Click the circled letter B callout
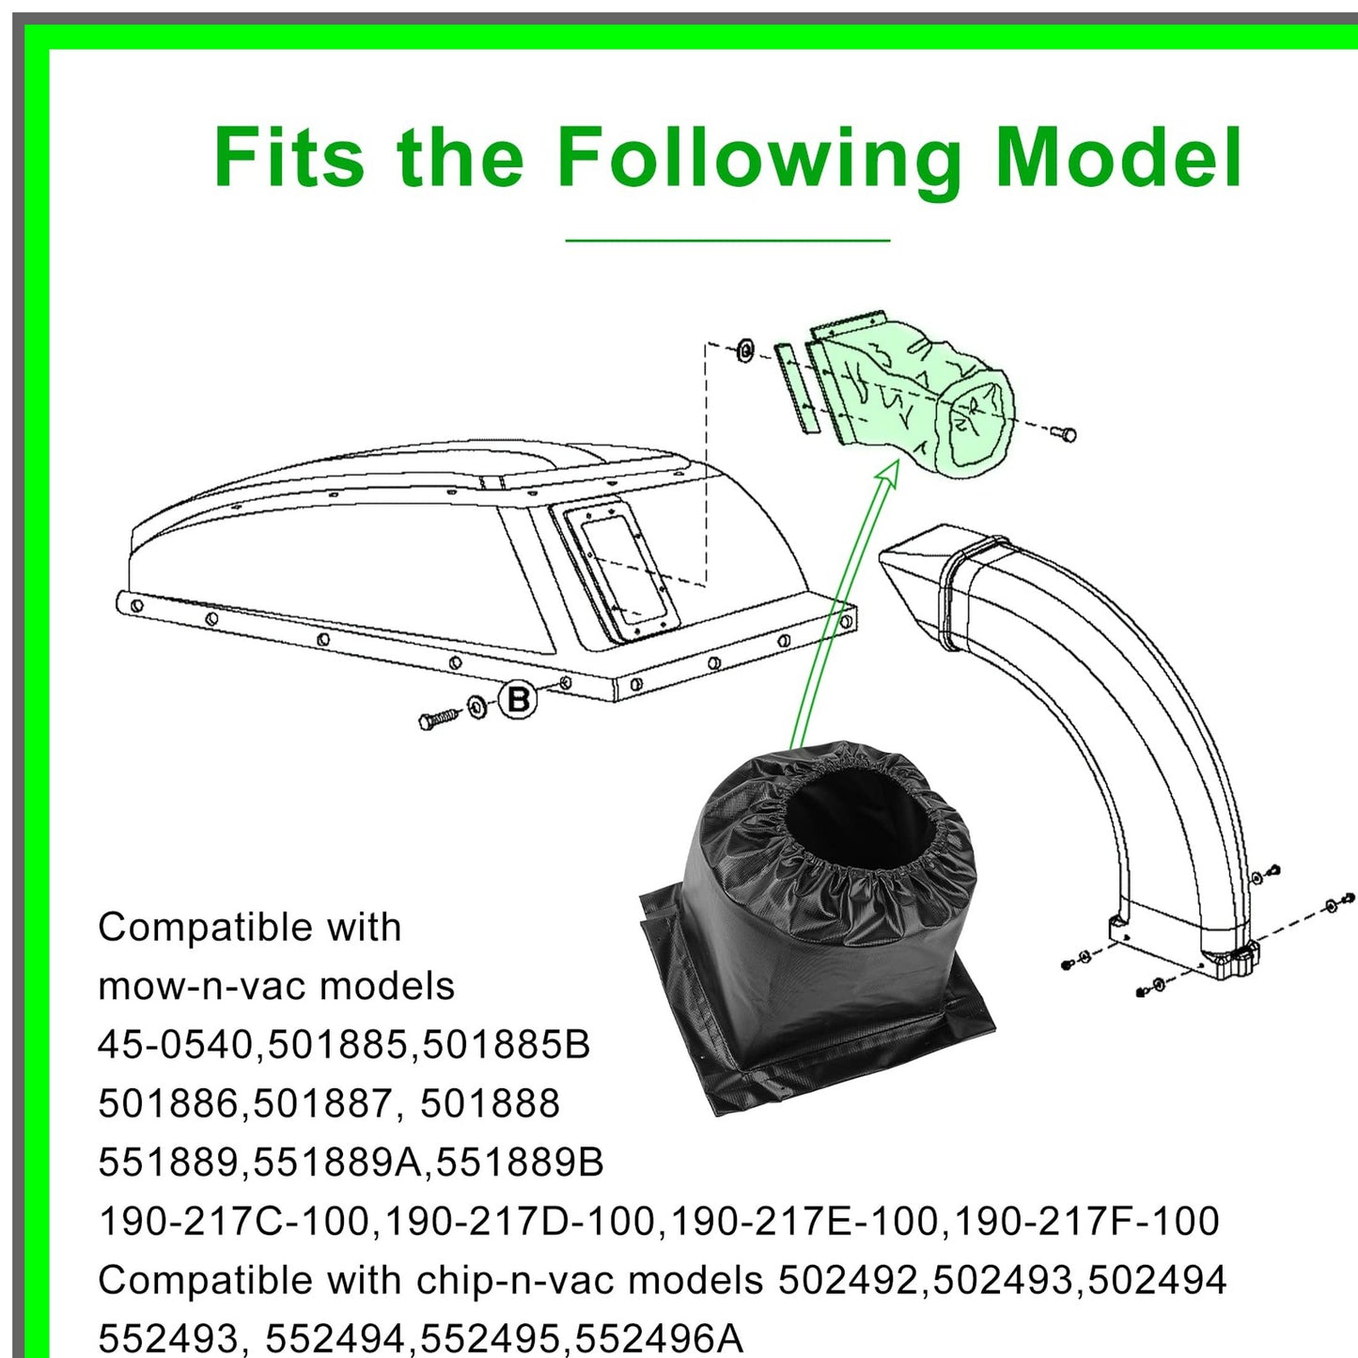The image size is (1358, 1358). pyautogui.click(x=518, y=699)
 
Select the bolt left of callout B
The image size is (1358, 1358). pyautogui.click(x=438, y=719)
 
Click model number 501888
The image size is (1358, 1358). pyautogui.click(x=490, y=1103)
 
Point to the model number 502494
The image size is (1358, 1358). pyautogui.click(x=1157, y=1280)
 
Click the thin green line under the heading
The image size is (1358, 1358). pyautogui.click(x=727, y=241)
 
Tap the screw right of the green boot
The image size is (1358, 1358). pyautogui.click(x=1064, y=433)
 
